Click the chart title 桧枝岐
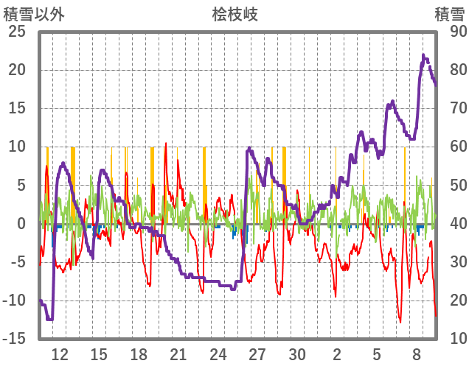tap(234, 14)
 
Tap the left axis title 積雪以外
tap(33, 14)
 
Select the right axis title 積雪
tap(449, 14)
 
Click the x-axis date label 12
tap(60, 354)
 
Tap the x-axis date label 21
tap(178, 354)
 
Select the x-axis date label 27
tap(257, 354)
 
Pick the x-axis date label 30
tap(297, 354)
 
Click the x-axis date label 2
tap(337, 354)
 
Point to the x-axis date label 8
tap(417, 354)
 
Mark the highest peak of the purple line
tap(423, 55)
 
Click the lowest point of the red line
tap(400, 322)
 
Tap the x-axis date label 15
tap(99, 354)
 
